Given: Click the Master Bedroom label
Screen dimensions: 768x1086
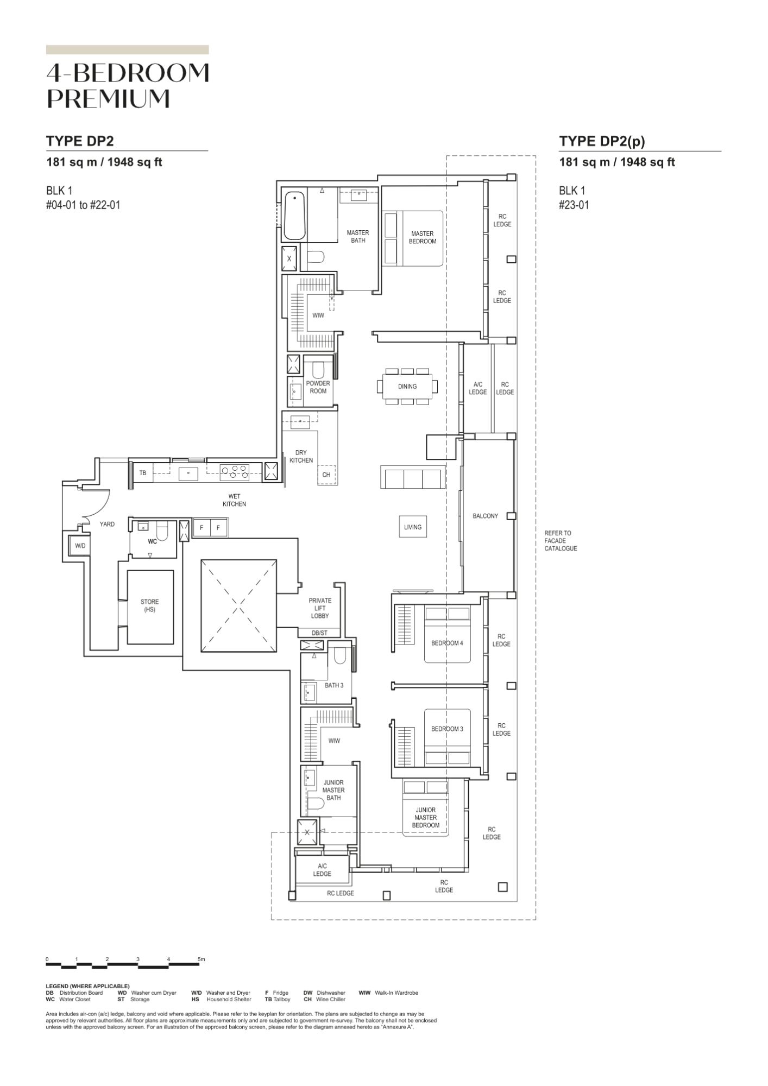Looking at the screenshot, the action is click(x=423, y=237).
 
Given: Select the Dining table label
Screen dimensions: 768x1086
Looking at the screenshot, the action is click(x=407, y=387).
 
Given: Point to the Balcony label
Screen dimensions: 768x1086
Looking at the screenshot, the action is click(x=485, y=516).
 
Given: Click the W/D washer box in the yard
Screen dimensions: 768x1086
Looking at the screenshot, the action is click(x=80, y=546).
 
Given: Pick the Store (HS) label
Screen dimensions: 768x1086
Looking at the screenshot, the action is click(x=150, y=605).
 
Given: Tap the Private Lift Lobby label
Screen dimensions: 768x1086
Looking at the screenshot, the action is click(x=320, y=608).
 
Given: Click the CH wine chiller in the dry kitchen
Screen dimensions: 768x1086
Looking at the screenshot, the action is click(x=326, y=475).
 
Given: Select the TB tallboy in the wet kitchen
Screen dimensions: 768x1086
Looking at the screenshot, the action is click(x=143, y=473).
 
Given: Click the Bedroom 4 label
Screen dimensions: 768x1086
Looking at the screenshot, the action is click(x=447, y=643).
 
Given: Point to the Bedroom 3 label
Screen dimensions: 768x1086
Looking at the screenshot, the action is click(x=447, y=729).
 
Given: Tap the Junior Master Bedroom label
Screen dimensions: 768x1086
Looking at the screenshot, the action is click(x=425, y=817).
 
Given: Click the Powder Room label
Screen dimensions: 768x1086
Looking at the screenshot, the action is click(x=318, y=387).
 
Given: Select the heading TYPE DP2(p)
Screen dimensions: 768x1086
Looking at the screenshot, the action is click(x=602, y=141).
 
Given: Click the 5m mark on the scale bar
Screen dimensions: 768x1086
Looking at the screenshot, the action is click(x=202, y=959).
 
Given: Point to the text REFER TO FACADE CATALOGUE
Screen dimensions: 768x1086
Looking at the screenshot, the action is click(x=561, y=541).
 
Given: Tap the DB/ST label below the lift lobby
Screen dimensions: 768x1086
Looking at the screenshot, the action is click(x=319, y=633).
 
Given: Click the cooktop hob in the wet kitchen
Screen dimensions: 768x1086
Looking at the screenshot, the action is click(x=235, y=472).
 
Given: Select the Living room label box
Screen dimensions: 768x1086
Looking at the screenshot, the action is click(x=413, y=527).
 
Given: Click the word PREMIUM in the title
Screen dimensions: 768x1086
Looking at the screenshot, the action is click(x=109, y=98).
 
